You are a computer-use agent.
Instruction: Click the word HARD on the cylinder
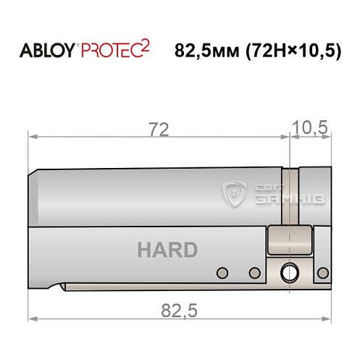[x=167, y=251]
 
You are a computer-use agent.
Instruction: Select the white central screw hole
[x=289, y=273]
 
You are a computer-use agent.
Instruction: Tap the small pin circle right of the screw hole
[x=320, y=273]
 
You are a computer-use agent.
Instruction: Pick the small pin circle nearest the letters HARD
[x=222, y=273]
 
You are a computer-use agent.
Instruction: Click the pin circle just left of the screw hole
[x=254, y=273]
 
